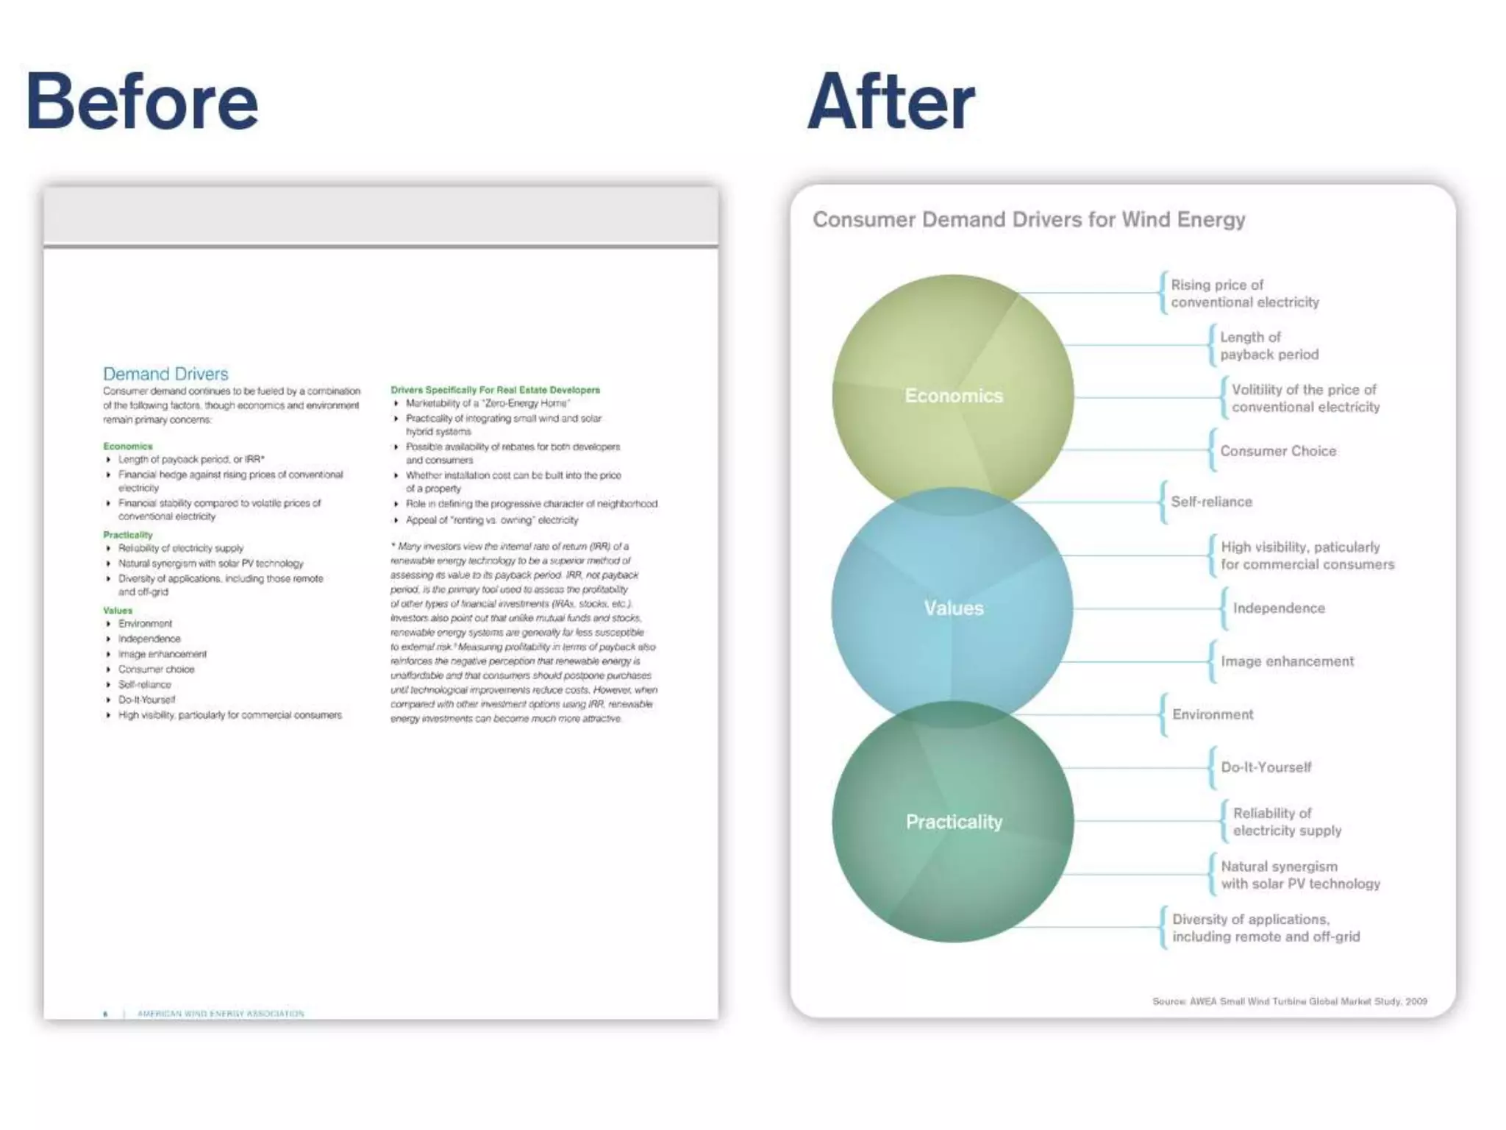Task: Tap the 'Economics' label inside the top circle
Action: (x=953, y=396)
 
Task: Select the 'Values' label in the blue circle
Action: (x=953, y=608)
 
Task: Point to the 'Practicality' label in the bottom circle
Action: (x=953, y=822)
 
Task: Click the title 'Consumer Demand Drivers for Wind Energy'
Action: (x=1028, y=219)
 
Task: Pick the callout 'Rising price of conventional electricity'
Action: (x=1244, y=294)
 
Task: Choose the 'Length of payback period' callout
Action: (x=1268, y=346)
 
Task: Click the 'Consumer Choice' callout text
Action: (x=1277, y=451)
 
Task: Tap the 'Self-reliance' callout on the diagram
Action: (x=1211, y=502)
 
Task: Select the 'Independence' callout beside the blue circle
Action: (x=1278, y=608)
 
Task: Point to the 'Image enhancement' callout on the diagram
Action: (x=1287, y=661)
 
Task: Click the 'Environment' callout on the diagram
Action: (x=1212, y=714)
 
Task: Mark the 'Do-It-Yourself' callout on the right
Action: (x=1266, y=767)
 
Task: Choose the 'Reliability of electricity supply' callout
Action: (x=1286, y=822)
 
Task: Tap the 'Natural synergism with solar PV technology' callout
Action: (x=1299, y=875)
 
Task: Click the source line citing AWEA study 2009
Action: (x=1289, y=1001)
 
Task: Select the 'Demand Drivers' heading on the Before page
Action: (x=165, y=374)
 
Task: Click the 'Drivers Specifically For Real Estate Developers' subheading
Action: (x=495, y=390)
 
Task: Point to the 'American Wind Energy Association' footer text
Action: (x=221, y=1014)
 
